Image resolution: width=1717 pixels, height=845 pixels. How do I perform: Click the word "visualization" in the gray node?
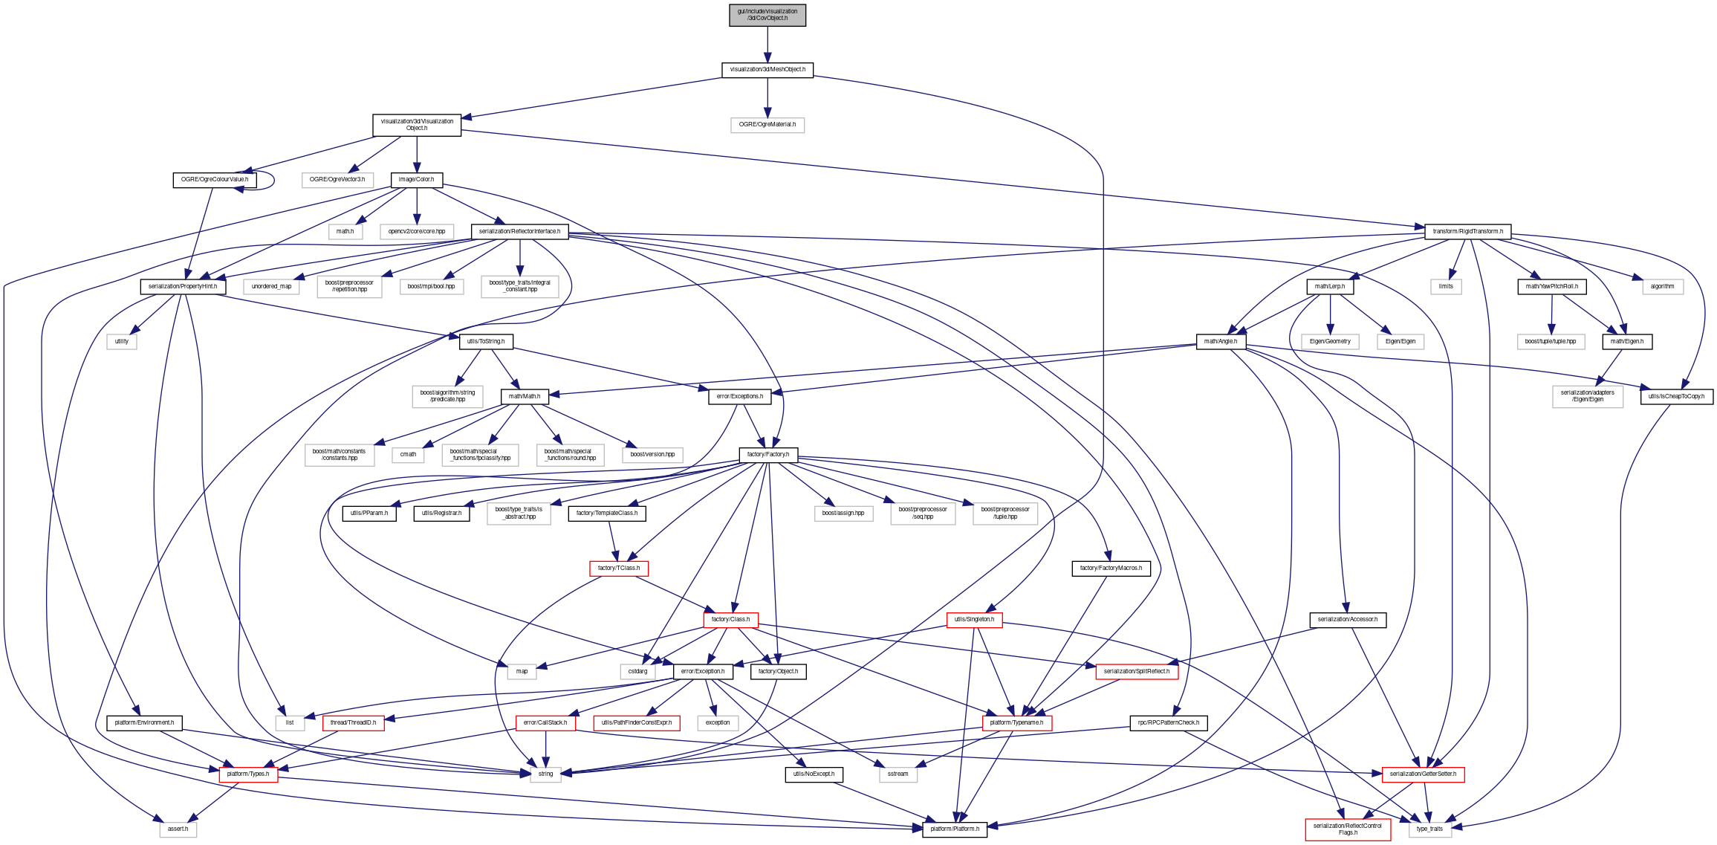778,11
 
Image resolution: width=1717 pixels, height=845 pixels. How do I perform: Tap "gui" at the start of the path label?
741,11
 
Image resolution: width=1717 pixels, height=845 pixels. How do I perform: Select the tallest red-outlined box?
1348,829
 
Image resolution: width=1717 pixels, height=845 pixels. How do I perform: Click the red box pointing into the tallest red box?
1423,775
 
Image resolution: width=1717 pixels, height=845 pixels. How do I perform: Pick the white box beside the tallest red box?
1430,830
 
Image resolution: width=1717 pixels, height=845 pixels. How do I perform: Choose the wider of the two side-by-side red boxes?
636,723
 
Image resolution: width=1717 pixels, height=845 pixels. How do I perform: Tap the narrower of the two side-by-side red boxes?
545,723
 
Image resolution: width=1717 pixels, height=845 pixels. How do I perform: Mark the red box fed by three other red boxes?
1017,723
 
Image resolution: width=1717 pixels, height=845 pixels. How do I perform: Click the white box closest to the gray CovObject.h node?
767,126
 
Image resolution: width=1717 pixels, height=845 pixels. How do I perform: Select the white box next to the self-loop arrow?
337,181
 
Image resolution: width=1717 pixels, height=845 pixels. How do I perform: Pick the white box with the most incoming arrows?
545,775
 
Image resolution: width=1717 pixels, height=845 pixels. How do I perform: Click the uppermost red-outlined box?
619,569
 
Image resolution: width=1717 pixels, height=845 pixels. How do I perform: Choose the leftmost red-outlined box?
248,775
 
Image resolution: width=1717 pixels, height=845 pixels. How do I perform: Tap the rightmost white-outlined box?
1662,287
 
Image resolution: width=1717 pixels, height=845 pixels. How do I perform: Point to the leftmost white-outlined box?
122,342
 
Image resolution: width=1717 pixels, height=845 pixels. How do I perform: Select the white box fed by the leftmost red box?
178,830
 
